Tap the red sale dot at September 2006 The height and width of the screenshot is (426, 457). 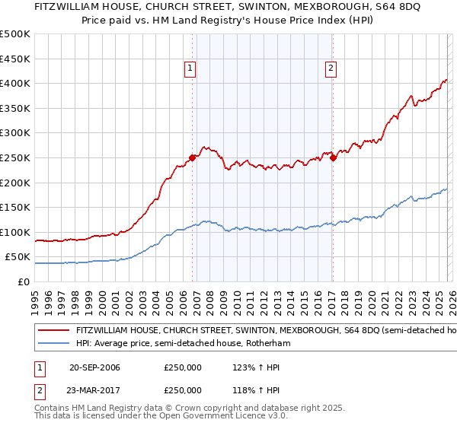point(192,157)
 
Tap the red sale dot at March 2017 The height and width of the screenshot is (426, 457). point(334,157)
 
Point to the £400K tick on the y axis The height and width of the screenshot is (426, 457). point(15,83)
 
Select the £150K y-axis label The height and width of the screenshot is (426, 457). point(15,207)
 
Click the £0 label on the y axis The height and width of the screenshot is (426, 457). point(24,281)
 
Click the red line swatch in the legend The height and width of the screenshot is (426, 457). point(55,331)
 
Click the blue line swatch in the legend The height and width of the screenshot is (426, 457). point(55,344)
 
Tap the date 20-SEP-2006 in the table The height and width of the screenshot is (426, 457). point(94,367)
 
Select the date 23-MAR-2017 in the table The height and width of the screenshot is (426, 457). point(94,389)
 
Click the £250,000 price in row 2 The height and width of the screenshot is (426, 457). point(183,389)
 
